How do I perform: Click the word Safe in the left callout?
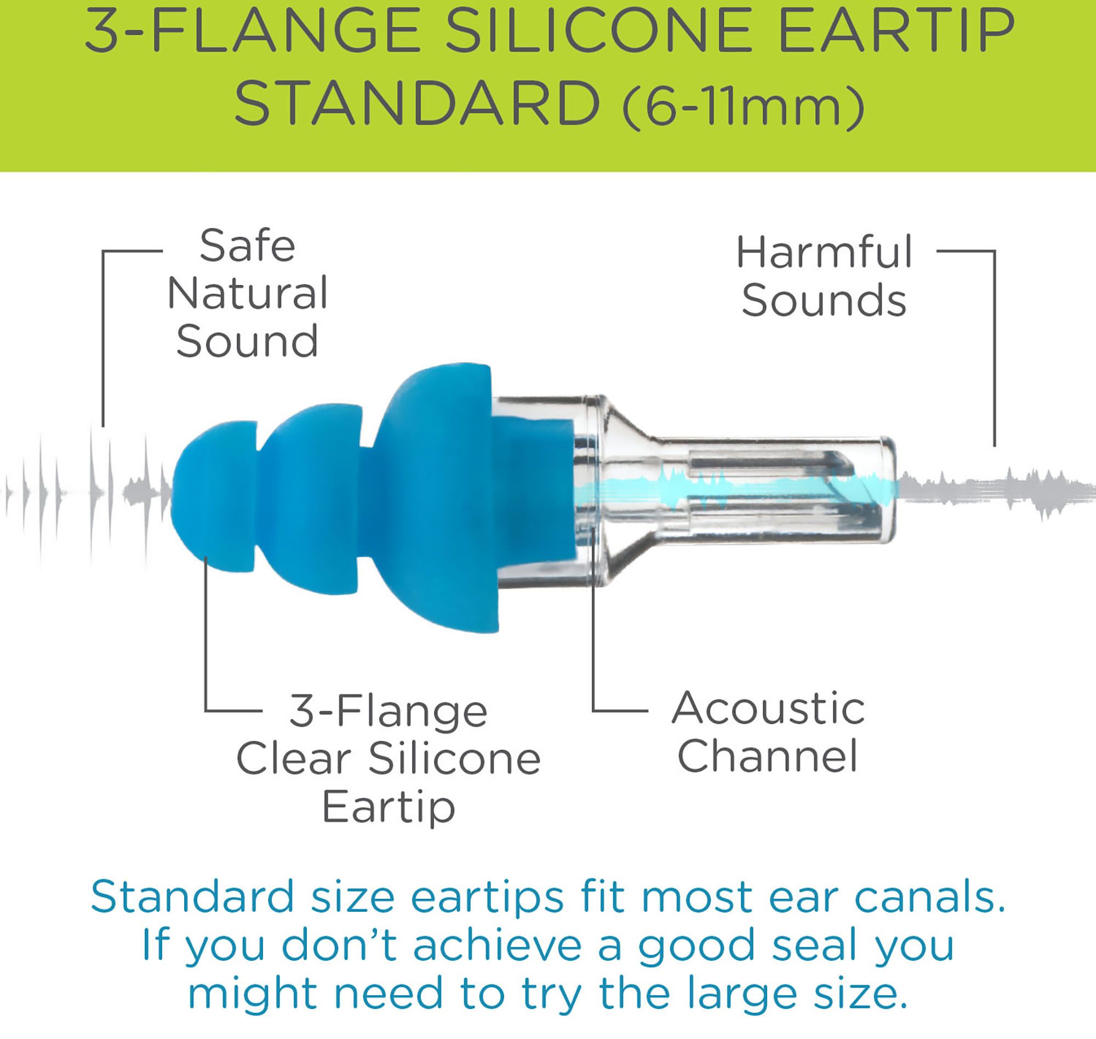click(x=247, y=246)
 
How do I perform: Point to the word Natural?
click(x=247, y=294)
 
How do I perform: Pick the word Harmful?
click(x=824, y=253)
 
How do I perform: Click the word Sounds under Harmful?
click(x=824, y=301)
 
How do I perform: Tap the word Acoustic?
click(x=768, y=709)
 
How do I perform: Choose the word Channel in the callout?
click(x=768, y=756)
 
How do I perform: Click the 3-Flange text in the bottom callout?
click(x=387, y=711)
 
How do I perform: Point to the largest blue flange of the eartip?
click(x=437, y=499)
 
